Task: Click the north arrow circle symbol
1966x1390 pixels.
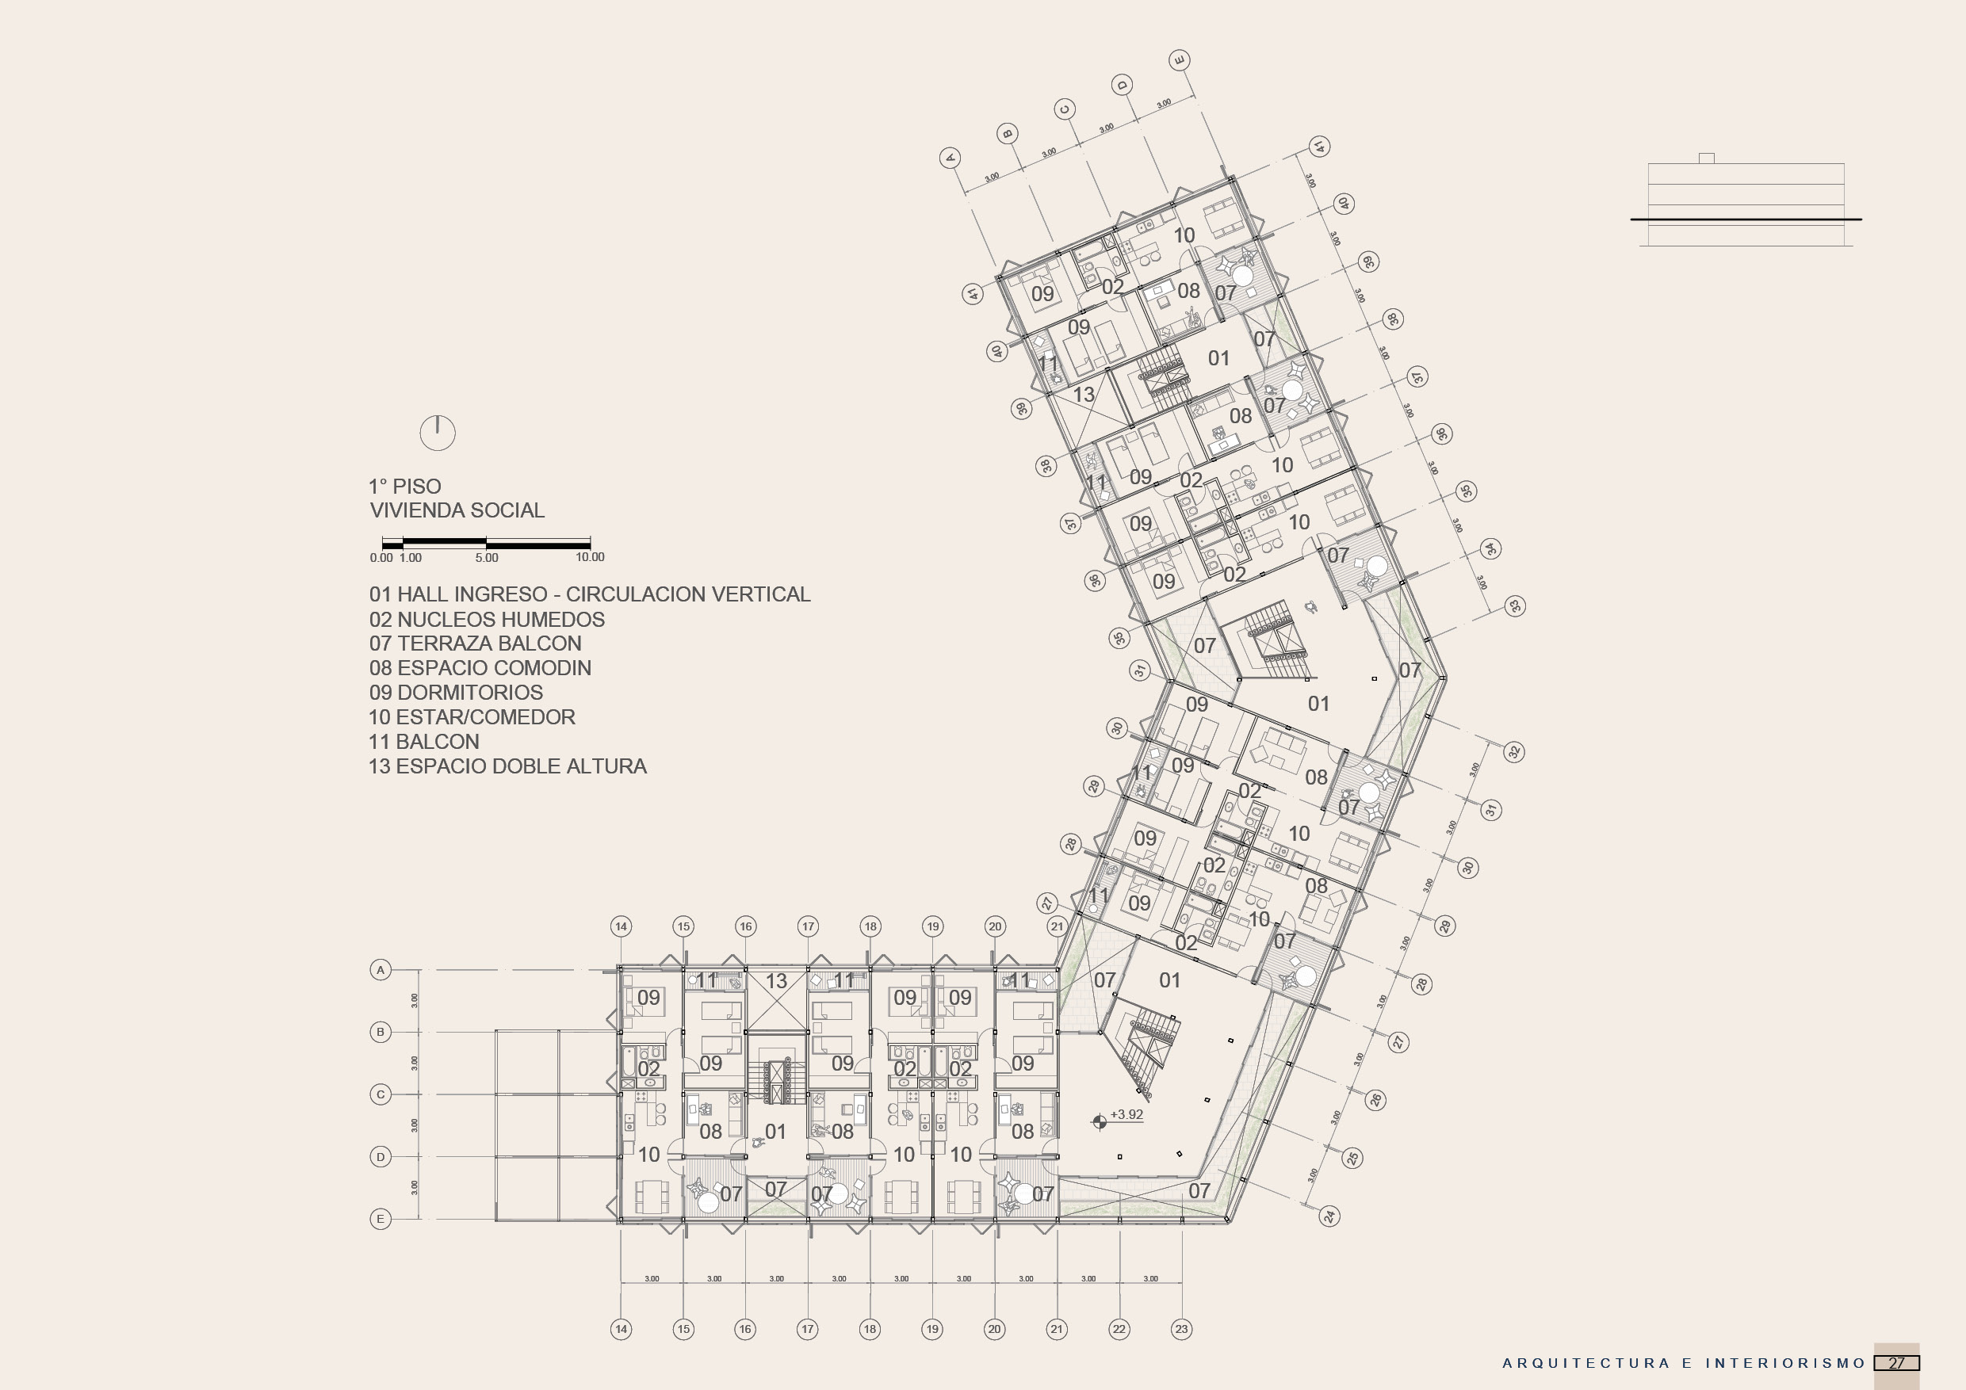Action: [438, 433]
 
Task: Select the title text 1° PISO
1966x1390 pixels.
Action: [405, 486]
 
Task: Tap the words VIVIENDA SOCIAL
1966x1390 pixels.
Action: [457, 511]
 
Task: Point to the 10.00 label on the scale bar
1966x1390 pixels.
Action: [590, 557]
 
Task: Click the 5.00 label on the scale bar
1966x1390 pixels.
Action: [487, 558]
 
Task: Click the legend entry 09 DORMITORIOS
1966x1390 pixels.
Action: [457, 693]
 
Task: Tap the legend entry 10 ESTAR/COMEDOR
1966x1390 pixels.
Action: [472, 717]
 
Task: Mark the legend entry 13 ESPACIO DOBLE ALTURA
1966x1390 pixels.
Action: [508, 767]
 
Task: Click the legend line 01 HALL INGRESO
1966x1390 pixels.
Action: [589, 595]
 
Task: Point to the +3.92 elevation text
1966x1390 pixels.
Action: [1126, 1114]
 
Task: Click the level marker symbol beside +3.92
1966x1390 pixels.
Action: [1100, 1121]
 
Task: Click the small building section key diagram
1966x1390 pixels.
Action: [1746, 203]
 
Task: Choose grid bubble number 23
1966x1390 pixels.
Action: [1182, 1329]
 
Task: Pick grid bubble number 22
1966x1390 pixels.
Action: [1119, 1329]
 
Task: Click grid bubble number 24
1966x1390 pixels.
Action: [1329, 1216]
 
